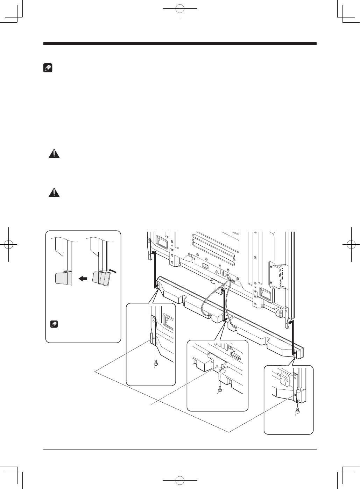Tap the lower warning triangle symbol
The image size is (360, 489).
54,193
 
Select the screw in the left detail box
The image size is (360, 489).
156,364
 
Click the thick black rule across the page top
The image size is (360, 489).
180,44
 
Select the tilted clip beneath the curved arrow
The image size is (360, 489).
100,279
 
